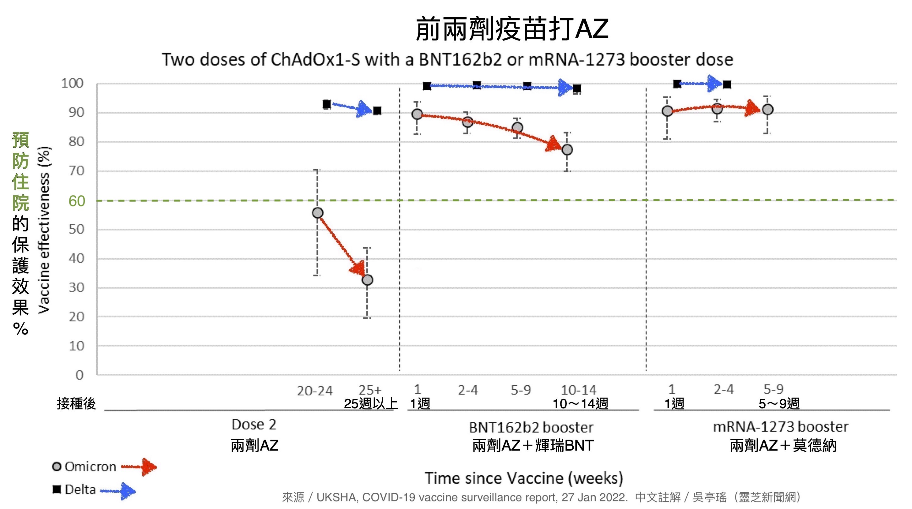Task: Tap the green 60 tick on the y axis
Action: pyautogui.click(x=77, y=201)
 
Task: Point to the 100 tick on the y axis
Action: pyautogui.click(x=72, y=84)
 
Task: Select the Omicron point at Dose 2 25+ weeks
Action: pyautogui.click(x=368, y=280)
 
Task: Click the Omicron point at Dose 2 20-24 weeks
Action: pyautogui.click(x=318, y=213)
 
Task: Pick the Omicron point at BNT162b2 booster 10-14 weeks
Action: pyautogui.click(x=567, y=150)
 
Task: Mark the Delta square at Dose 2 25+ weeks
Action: pyautogui.click(x=377, y=111)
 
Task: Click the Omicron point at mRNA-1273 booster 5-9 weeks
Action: pyautogui.click(x=767, y=110)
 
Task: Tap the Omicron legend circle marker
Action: pyautogui.click(x=57, y=467)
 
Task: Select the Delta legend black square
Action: pyautogui.click(x=57, y=489)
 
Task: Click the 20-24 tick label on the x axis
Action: pyautogui.click(x=315, y=391)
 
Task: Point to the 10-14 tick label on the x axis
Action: pyautogui.click(x=578, y=390)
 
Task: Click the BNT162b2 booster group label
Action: pyautogui.click(x=531, y=428)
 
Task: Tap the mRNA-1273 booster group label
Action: pyautogui.click(x=780, y=427)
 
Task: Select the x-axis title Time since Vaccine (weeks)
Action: pyautogui.click(x=524, y=478)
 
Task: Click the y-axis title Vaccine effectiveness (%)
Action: pyautogui.click(x=44, y=230)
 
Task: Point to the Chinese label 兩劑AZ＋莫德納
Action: pyautogui.click(x=783, y=445)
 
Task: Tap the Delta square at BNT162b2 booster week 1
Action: pyautogui.click(x=427, y=86)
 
